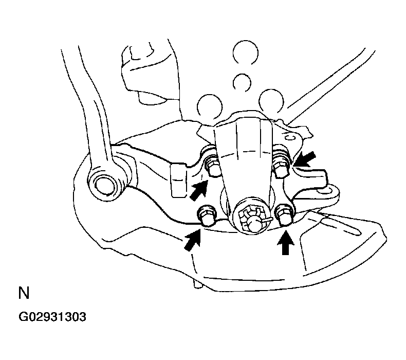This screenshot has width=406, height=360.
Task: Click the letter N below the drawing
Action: click(x=24, y=293)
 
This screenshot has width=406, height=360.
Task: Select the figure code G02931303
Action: click(x=52, y=317)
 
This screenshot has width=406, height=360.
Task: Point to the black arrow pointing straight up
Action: click(x=285, y=243)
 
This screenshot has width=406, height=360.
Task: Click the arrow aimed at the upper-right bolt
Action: click(x=306, y=159)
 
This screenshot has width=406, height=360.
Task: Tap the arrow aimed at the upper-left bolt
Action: click(x=199, y=190)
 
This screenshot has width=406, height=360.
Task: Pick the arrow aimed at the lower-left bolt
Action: click(x=193, y=240)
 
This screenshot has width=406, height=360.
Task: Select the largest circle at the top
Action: click(x=245, y=52)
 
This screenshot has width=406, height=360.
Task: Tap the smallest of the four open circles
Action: click(x=242, y=83)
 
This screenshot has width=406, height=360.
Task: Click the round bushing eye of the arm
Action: click(x=105, y=185)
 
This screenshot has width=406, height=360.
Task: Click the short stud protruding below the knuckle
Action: click(x=197, y=283)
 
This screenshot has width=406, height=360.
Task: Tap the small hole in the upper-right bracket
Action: click(x=290, y=137)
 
